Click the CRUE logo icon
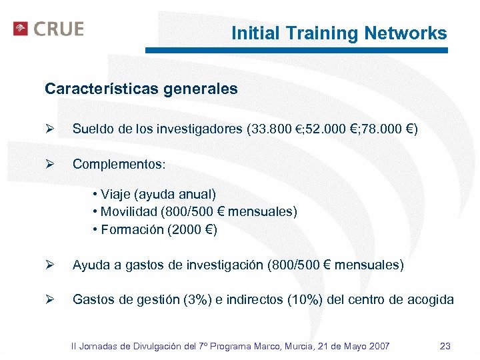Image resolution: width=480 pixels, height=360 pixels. click(21, 29)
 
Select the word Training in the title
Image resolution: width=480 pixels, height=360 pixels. click(327, 33)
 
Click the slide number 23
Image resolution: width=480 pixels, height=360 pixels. click(445, 346)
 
